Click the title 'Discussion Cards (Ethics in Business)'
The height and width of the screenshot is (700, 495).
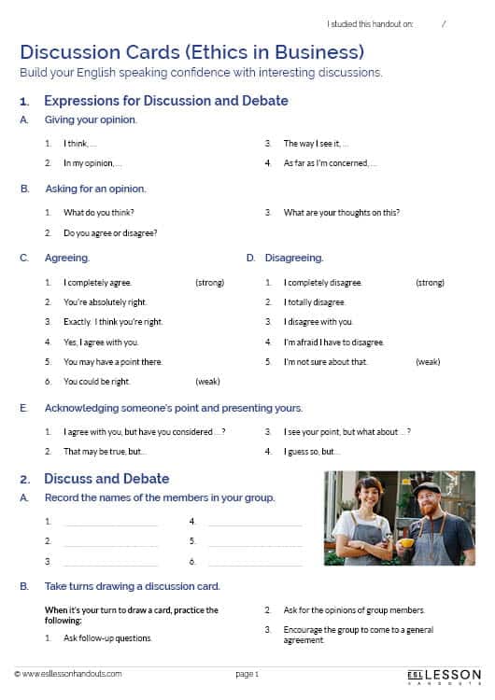[191, 50]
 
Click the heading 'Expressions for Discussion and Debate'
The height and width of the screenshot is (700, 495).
[166, 101]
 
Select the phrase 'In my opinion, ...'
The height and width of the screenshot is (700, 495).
[92, 163]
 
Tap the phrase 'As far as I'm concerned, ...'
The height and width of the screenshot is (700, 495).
[331, 163]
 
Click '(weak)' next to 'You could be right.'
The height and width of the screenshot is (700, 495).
[207, 382]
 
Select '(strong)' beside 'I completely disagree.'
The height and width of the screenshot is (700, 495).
[429, 283]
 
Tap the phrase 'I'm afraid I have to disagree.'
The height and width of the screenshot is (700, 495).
[333, 343]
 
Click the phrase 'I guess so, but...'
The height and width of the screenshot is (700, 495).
[312, 452]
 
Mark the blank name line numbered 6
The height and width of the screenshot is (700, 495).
[254, 563]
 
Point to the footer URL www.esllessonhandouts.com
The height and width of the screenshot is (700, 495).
[68, 673]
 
